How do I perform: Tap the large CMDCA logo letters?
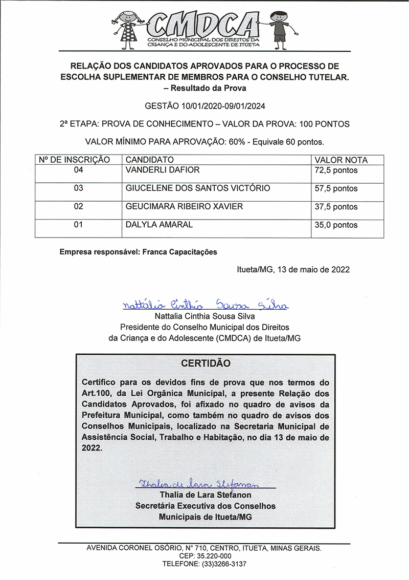(204, 25)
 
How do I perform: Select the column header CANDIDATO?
(150, 160)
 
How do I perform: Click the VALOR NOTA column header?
(340, 160)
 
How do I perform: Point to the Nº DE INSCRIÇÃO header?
(75, 160)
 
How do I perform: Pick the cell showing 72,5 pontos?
(336, 170)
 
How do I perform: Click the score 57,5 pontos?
(336, 189)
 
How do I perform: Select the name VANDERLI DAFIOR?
(162, 170)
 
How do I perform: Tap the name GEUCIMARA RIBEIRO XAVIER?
(184, 206)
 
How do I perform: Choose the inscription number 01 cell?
(78, 225)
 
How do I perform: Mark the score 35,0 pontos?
(336, 225)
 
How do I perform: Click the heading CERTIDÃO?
(206, 363)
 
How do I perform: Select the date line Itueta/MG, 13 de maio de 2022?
(293, 270)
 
